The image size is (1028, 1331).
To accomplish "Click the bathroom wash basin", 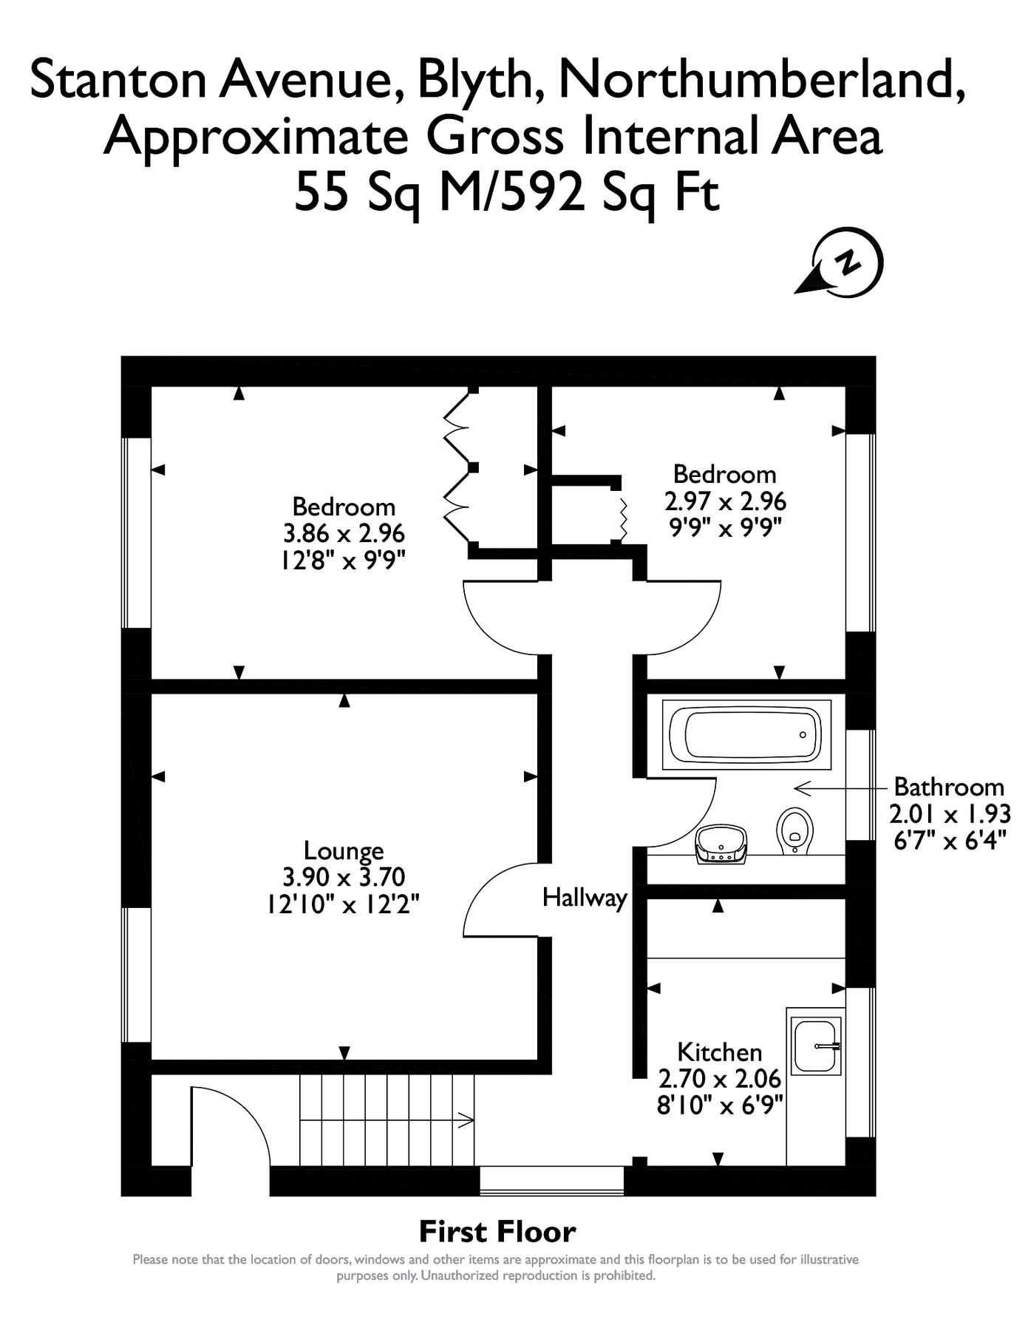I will (x=721, y=844).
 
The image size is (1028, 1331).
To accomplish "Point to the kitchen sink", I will (x=816, y=1046).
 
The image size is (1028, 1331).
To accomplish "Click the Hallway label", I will (x=584, y=898).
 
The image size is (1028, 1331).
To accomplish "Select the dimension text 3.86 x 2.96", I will (x=344, y=533).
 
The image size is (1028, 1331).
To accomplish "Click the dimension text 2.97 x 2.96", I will (x=725, y=501).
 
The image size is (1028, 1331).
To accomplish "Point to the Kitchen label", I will (x=719, y=1051).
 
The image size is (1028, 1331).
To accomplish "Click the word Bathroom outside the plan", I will (x=948, y=786).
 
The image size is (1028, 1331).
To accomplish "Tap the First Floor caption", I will (x=497, y=1232).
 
